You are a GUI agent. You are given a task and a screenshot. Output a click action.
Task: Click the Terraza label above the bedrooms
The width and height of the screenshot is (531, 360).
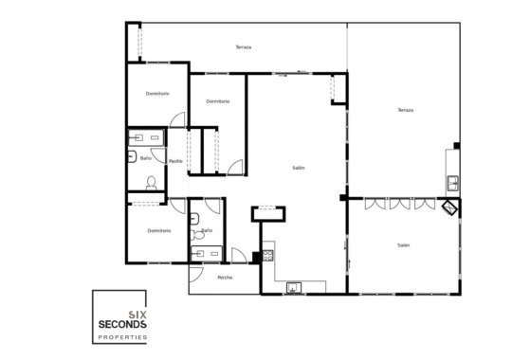pyautogui.click(x=243, y=46)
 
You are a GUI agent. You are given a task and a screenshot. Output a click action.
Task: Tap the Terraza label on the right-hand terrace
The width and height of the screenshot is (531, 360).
pyautogui.click(x=406, y=110)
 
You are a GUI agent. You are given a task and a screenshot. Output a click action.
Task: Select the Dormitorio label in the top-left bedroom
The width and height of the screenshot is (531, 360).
pyautogui.click(x=157, y=93)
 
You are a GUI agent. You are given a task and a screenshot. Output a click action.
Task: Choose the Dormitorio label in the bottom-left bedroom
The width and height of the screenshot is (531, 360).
pyautogui.click(x=158, y=230)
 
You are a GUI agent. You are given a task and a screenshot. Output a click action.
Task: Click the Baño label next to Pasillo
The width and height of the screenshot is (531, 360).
pyautogui.click(x=146, y=158)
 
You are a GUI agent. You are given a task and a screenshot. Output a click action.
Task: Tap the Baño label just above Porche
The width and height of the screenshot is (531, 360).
pyautogui.click(x=207, y=230)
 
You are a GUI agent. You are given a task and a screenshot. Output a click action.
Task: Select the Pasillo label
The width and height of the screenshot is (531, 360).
pyautogui.click(x=175, y=161)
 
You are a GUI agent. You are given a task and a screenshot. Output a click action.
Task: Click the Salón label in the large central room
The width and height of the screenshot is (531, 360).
pyautogui.click(x=298, y=168)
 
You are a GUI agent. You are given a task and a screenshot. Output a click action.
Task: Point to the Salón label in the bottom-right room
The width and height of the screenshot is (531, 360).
pyautogui.click(x=403, y=245)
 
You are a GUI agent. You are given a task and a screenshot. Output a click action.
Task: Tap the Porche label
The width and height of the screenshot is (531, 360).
pyautogui.click(x=225, y=278)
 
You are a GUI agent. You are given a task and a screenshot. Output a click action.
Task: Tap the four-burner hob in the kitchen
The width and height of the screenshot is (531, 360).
pyautogui.click(x=267, y=253)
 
